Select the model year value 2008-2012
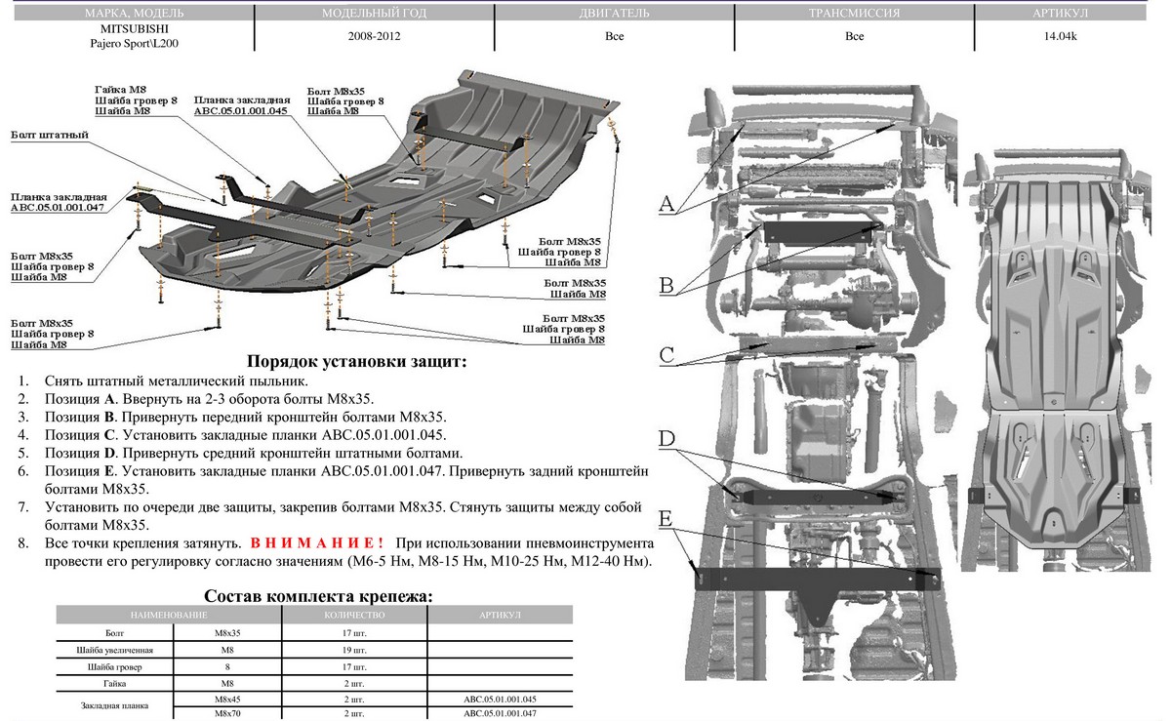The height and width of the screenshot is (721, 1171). pyautogui.click(x=373, y=36)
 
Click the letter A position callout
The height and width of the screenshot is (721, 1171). pyautogui.click(x=666, y=204)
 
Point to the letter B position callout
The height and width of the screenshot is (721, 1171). pyautogui.click(x=666, y=285)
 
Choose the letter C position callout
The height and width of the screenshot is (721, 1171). pyautogui.click(x=666, y=354)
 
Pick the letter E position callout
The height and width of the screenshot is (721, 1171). pyautogui.click(x=666, y=517)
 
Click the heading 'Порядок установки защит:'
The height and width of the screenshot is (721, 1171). pyautogui.click(x=356, y=361)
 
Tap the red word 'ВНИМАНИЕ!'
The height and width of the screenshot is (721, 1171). pyautogui.click(x=317, y=542)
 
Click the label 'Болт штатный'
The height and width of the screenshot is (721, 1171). pyautogui.click(x=44, y=135)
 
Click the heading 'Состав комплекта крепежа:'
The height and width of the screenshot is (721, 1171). pyautogui.click(x=318, y=596)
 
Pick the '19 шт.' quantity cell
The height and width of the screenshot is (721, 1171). pyautogui.click(x=354, y=650)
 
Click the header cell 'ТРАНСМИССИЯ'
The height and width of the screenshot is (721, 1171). pyautogui.click(x=854, y=15)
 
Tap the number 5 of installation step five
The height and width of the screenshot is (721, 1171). pyautogui.click(x=23, y=454)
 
